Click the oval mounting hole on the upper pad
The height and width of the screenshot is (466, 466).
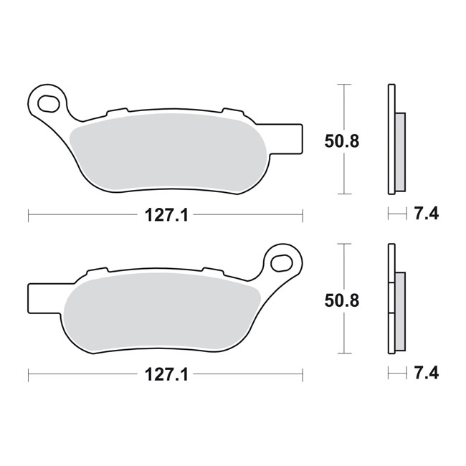pyautogui.click(x=48, y=103)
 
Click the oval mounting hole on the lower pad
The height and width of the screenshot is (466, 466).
pyautogui.click(x=281, y=262)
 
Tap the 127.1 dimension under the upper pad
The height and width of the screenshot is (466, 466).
pyautogui.click(x=166, y=216)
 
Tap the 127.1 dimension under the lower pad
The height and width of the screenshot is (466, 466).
pyautogui.click(x=166, y=375)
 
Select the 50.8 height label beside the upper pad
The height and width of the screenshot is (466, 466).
pyautogui.click(x=342, y=141)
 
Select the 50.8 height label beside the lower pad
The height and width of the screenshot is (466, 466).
pyautogui.click(x=342, y=301)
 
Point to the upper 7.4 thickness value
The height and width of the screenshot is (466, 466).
pyautogui.click(x=427, y=214)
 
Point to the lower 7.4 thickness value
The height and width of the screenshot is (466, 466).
pyautogui.click(x=427, y=373)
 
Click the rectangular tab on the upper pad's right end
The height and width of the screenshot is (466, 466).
pyautogui.click(x=293, y=139)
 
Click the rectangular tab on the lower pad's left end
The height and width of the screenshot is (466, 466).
pyautogui.click(x=38, y=298)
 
